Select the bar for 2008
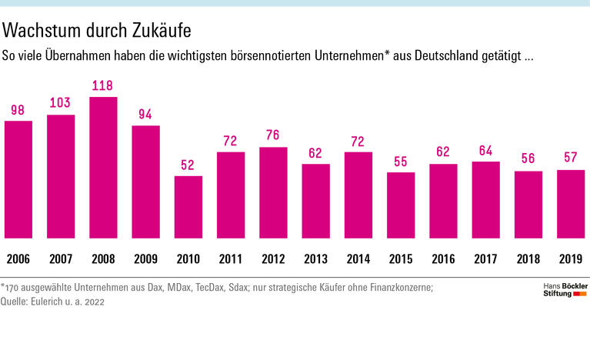pyautogui.click(x=103, y=168)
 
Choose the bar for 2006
pyautogui.click(x=18, y=179)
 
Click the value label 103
pyautogui.click(x=61, y=104)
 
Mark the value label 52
pyautogui.click(x=188, y=165)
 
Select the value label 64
pyautogui.click(x=485, y=151)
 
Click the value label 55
pyautogui.click(x=401, y=162)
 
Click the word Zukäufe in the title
pyautogui.click(x=155, y=31)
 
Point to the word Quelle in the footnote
pyautogui.click(x=18, y=302)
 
